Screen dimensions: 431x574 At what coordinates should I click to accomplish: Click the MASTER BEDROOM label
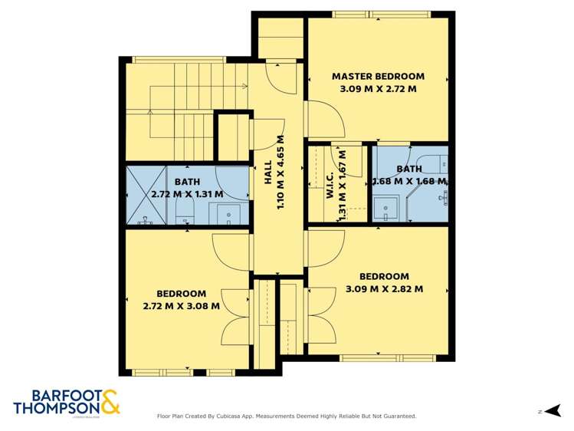click(x=378, y=76)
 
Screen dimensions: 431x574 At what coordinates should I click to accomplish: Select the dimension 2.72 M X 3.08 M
click(x=181, y=305)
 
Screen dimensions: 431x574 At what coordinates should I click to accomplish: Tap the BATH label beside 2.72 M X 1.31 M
click(x=187, y=182)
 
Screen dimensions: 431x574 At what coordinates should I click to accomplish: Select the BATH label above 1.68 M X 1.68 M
click(x=408, y=169)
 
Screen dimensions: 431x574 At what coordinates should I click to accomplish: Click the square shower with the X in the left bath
click(x=140, y=196)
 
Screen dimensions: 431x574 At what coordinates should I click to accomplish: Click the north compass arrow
click(x=553, y=411)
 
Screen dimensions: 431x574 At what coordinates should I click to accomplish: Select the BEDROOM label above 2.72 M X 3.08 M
click(x=181, y=293)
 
